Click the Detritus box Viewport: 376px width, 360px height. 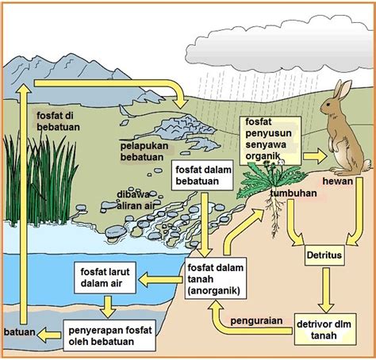(324, 255)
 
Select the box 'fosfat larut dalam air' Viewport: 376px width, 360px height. (106, 278)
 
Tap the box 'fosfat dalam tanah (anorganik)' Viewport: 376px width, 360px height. (216, 278)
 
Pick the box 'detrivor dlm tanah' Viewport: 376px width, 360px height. (325, 329)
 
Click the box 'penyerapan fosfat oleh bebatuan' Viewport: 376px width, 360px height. (109, 335)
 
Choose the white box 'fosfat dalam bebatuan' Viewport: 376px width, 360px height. (202, 175)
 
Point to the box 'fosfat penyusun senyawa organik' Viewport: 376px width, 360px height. (270, 140)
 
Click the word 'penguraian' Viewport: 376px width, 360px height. (256, 320)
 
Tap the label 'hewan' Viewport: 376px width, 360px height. (338, 182)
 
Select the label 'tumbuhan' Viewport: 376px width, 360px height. (294, 193)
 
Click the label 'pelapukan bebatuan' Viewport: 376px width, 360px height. (144, 151)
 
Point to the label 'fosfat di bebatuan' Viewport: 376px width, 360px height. (58, 121)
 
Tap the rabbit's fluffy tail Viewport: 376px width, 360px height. (366, 165)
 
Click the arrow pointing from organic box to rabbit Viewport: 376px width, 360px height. (315, 156)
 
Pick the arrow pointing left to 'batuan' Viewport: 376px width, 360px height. (49, 335)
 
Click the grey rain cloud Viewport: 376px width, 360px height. (283, 47)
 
